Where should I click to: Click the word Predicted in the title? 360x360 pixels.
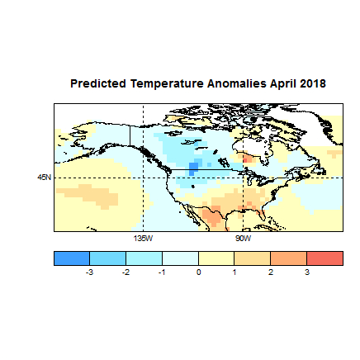pos(96,84)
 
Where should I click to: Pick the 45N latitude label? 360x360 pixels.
pos(44,178)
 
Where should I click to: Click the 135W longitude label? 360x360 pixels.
pos(143,238)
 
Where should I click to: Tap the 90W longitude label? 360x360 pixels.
pos(244,238)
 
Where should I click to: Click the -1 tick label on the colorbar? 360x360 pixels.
pos(162,271)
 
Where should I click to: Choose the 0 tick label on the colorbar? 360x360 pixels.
pos(198,271)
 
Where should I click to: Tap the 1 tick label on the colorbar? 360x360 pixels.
pos(234,271)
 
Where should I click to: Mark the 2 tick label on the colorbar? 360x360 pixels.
pos(271,271)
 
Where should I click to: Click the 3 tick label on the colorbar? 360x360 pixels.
pos(307,271)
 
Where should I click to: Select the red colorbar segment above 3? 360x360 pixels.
pos(324,258)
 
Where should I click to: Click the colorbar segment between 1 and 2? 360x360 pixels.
pos(253,258)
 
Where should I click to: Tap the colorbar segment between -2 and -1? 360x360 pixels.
pos(144,258)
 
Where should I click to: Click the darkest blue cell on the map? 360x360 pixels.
pos(194,168)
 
